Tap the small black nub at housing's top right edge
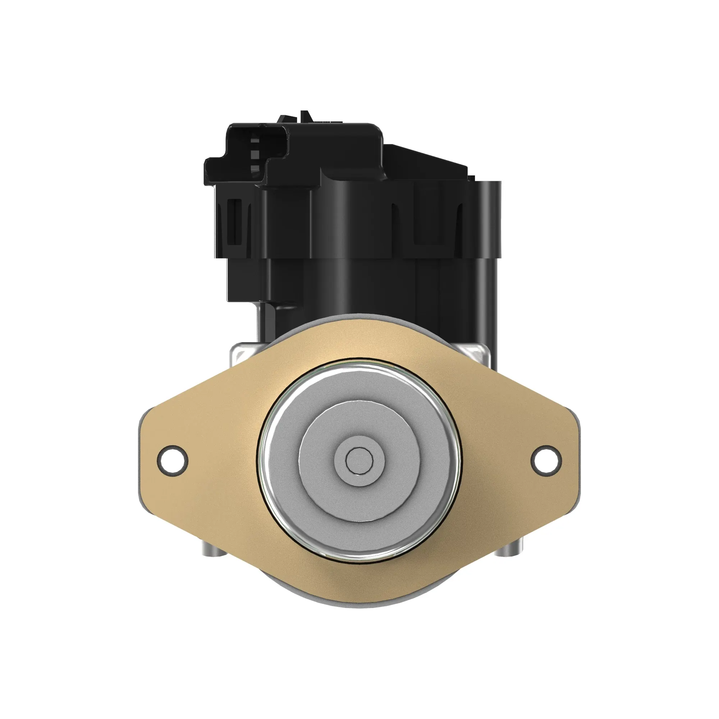(x=472, y=179)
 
